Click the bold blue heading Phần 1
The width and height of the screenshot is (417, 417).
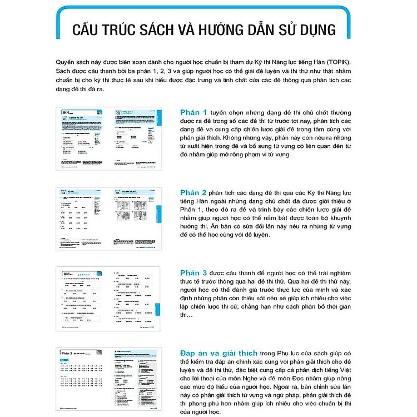point(193,112)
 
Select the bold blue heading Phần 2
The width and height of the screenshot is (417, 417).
point(193,192)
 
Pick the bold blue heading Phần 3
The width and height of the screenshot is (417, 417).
point(193,273)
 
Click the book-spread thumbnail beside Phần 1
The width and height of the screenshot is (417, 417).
point(108,139)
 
